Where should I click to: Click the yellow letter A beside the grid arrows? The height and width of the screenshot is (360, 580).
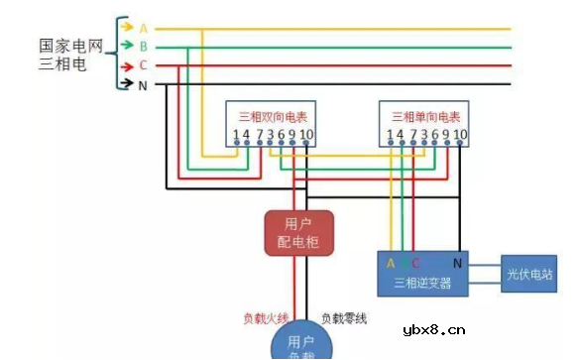coord(144,28)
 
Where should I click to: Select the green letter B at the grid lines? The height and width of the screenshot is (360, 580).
coord(144,47)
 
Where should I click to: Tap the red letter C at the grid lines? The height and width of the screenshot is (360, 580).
coord(144,65)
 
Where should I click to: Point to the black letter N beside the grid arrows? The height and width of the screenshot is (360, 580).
coord(144,85)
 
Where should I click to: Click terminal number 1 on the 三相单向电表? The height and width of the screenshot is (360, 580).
coord(390,135)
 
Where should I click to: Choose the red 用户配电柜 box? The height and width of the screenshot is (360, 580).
coord(297,233)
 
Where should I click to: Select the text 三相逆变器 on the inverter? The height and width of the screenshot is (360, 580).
coord(422,284)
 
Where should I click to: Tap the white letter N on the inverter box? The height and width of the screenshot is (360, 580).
coord(457,264)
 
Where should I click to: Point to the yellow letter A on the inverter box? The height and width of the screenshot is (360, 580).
coord(391,264)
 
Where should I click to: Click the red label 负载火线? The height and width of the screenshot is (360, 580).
coord(266,318)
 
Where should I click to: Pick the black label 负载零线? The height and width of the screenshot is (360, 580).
coord(344,318)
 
